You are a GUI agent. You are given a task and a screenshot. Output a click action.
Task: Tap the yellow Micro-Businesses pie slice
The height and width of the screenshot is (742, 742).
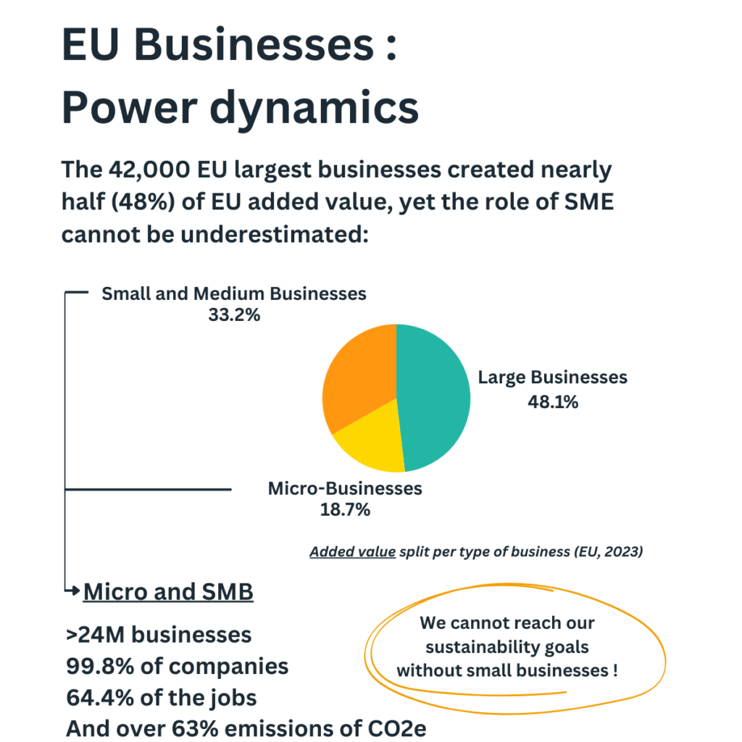(370, 442)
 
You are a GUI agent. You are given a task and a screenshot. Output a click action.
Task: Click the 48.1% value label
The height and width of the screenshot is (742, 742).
(553, 402)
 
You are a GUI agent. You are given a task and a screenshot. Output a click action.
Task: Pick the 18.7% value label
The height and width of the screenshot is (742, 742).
(345, 509)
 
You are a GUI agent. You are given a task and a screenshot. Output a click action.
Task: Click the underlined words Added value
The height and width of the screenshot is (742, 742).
(352, 552)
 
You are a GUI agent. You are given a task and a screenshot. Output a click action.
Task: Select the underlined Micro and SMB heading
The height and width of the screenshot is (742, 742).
(168, 592)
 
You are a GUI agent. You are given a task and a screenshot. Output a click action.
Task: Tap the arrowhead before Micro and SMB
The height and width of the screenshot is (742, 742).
(75, 591)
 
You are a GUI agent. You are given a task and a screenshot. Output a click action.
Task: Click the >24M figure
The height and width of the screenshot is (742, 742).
(93, 635)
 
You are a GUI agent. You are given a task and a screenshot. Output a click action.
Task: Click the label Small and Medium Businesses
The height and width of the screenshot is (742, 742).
(234, 294)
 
